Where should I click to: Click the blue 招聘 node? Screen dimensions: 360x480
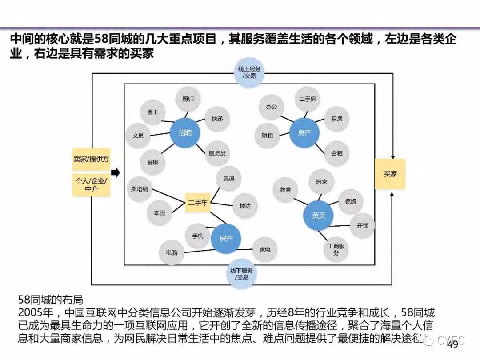(x=185, y=132)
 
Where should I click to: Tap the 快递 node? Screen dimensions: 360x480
(x=217, y=119)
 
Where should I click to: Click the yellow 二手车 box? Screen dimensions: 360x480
(x=197, y=203)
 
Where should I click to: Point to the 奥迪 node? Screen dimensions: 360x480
(x=229, y=178)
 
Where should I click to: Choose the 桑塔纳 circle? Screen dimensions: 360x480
(x=140, y=189)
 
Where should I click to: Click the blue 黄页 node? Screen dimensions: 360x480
(x=318, y=216)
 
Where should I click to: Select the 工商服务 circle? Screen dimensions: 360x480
(x=336, y=249)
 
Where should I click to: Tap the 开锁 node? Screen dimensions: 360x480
(x=362, y=225)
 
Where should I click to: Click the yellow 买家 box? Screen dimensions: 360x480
(x=390, y=174)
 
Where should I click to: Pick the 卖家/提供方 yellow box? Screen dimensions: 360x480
(x=91, y=159)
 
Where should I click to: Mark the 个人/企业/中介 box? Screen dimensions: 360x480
(x=91, y=185)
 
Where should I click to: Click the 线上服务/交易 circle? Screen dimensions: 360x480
(x=249, y=72)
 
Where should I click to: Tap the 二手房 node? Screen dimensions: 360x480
(x=308, y=99)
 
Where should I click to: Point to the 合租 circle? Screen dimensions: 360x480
(x=336, y=153)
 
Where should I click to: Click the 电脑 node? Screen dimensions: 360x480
(x=172, y=252)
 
